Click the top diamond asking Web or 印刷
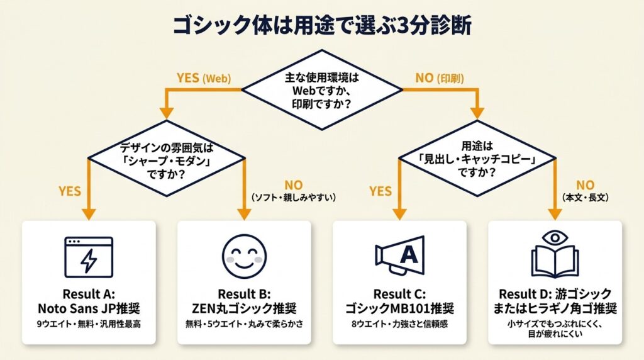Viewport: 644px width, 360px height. click(x=321, y=90)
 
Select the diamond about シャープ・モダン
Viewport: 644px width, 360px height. click(x=166, y=161)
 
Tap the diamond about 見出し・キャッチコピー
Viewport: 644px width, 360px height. click(x=477, y=161)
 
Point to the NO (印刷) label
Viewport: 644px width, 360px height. click(x=440, y=79)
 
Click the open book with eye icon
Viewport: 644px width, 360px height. click(x=555, y=254)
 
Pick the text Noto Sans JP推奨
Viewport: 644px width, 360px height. click(x=89, y=308)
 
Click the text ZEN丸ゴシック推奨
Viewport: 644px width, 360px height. click(x=244, y=308)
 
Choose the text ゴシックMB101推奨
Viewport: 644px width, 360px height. click(x=399, y=308)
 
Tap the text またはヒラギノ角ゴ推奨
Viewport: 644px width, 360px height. click(x=555, y=308)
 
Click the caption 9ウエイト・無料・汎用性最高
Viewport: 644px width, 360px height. click(x=89, y=325)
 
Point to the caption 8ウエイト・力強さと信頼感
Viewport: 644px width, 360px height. click(x=399, y=325)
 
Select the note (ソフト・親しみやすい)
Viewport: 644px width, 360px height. click(x=293, y=198)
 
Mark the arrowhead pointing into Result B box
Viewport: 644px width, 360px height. click(x=244, y=213)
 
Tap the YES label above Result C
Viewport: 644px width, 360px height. click(x=380, y=190)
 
